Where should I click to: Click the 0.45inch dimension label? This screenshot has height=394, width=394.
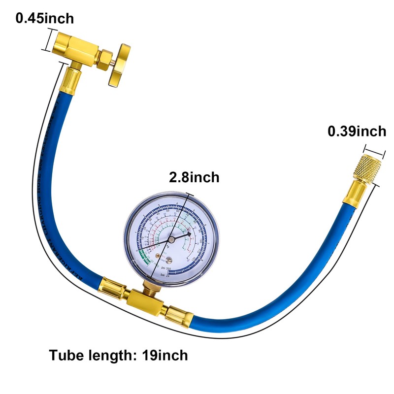(x=45, y=19)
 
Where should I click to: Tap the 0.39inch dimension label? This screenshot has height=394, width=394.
(x=357, y=131)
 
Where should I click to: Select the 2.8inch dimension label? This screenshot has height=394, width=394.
(x=194, y=177)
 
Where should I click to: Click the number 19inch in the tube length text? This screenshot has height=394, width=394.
(x=165, y=355)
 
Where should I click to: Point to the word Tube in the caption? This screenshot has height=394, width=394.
(x=65, y=355)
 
